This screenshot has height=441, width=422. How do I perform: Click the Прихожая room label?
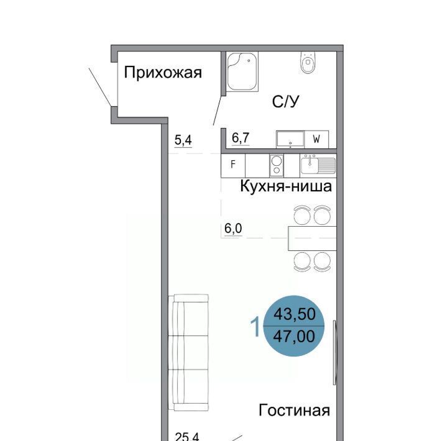163,73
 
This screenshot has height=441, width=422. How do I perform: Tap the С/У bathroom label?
285,101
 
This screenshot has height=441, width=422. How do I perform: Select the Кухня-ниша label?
286,186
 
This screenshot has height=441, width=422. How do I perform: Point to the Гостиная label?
294,410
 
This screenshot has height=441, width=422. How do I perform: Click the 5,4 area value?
183,140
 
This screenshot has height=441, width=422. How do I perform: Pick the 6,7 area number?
241,138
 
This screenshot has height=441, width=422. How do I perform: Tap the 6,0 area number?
233,228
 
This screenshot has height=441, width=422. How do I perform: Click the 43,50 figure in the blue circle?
295,314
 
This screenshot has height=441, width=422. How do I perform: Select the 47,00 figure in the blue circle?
294,336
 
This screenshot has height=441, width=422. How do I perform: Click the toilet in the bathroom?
308,62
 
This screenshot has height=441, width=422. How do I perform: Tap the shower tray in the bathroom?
242,71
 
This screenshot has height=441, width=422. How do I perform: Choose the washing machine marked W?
316,139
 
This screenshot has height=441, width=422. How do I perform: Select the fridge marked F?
233,166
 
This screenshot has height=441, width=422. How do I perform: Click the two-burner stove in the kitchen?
277,166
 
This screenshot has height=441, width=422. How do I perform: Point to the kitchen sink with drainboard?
318,165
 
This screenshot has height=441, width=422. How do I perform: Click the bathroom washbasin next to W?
290,139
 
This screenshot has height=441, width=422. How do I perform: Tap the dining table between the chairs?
312,239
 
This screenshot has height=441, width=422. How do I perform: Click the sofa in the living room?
188,352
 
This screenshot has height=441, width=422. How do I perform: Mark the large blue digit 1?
255,326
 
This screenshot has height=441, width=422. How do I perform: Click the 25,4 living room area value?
187,437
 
